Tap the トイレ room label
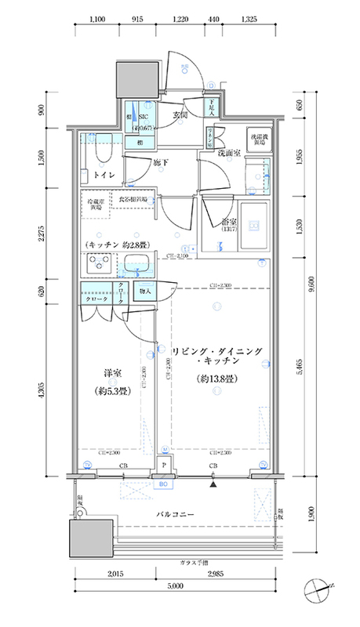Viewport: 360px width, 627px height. (99, 176)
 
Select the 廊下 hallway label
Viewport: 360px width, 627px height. (160, 163)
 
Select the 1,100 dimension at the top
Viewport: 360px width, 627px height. (97, 18)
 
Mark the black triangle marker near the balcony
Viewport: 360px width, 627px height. (213, 483)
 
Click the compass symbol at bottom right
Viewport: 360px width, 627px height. (320, 589)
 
